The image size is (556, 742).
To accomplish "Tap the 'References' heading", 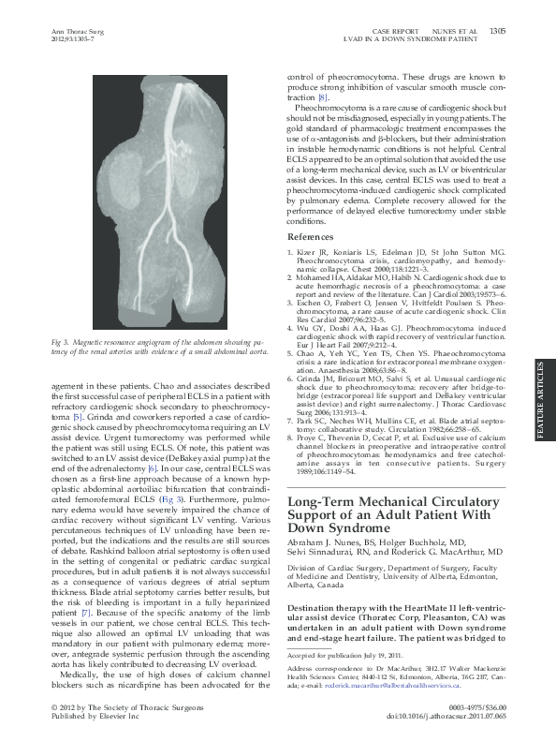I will pos(308,239).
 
